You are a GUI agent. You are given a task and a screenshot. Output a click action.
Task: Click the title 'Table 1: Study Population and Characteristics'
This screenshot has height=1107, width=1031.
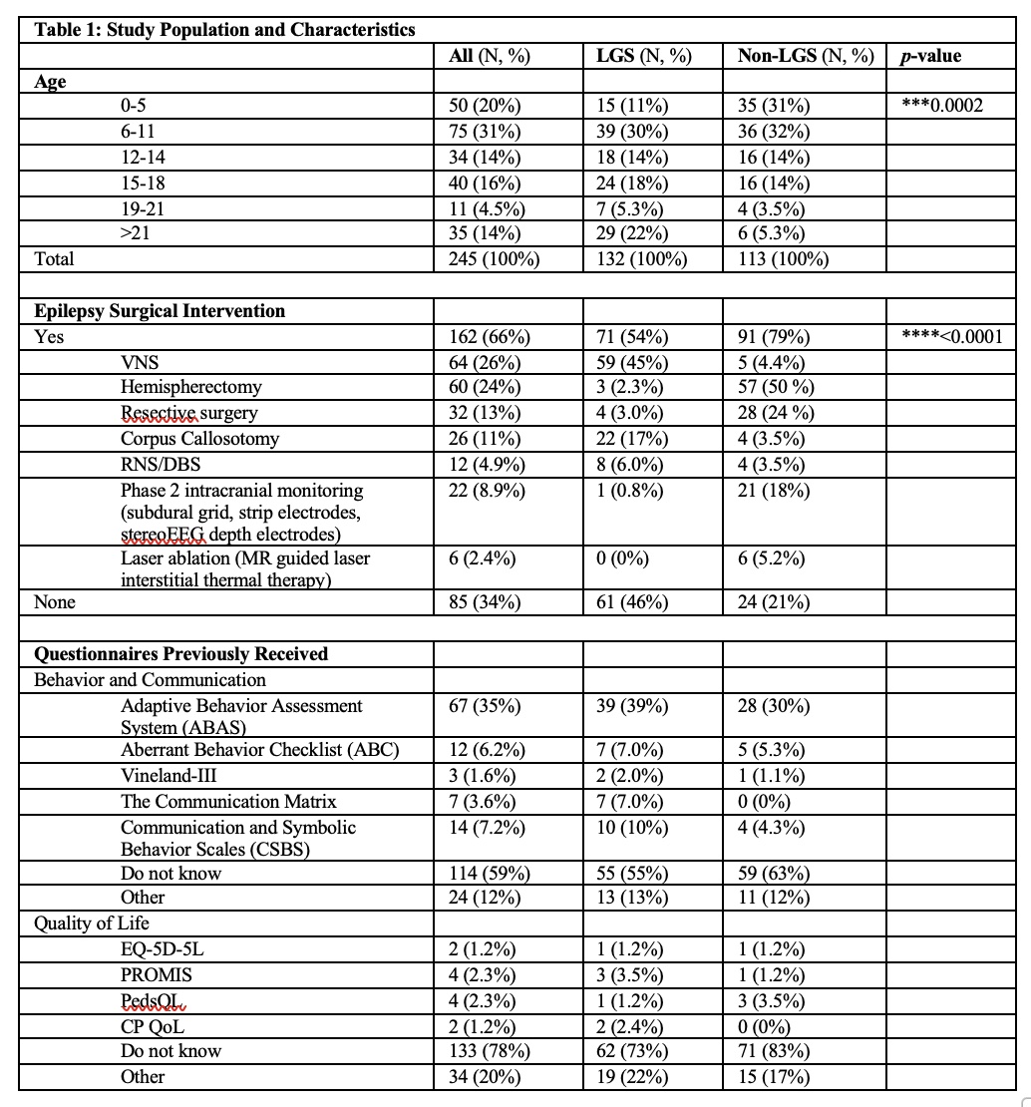224,30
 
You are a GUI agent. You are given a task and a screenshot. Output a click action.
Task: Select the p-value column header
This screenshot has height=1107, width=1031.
929,57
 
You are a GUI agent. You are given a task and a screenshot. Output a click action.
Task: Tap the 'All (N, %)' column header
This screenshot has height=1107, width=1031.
489,57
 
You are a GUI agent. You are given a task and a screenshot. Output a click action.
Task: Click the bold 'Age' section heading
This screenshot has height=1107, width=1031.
50,83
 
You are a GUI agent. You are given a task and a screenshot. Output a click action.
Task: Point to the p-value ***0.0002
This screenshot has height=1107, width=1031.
941,106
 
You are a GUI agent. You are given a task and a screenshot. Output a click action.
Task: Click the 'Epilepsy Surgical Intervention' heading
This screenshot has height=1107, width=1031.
160,311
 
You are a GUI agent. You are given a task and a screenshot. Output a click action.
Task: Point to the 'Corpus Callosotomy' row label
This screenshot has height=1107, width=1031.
199,439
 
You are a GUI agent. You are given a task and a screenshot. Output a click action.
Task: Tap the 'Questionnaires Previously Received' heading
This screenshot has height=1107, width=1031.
180,654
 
